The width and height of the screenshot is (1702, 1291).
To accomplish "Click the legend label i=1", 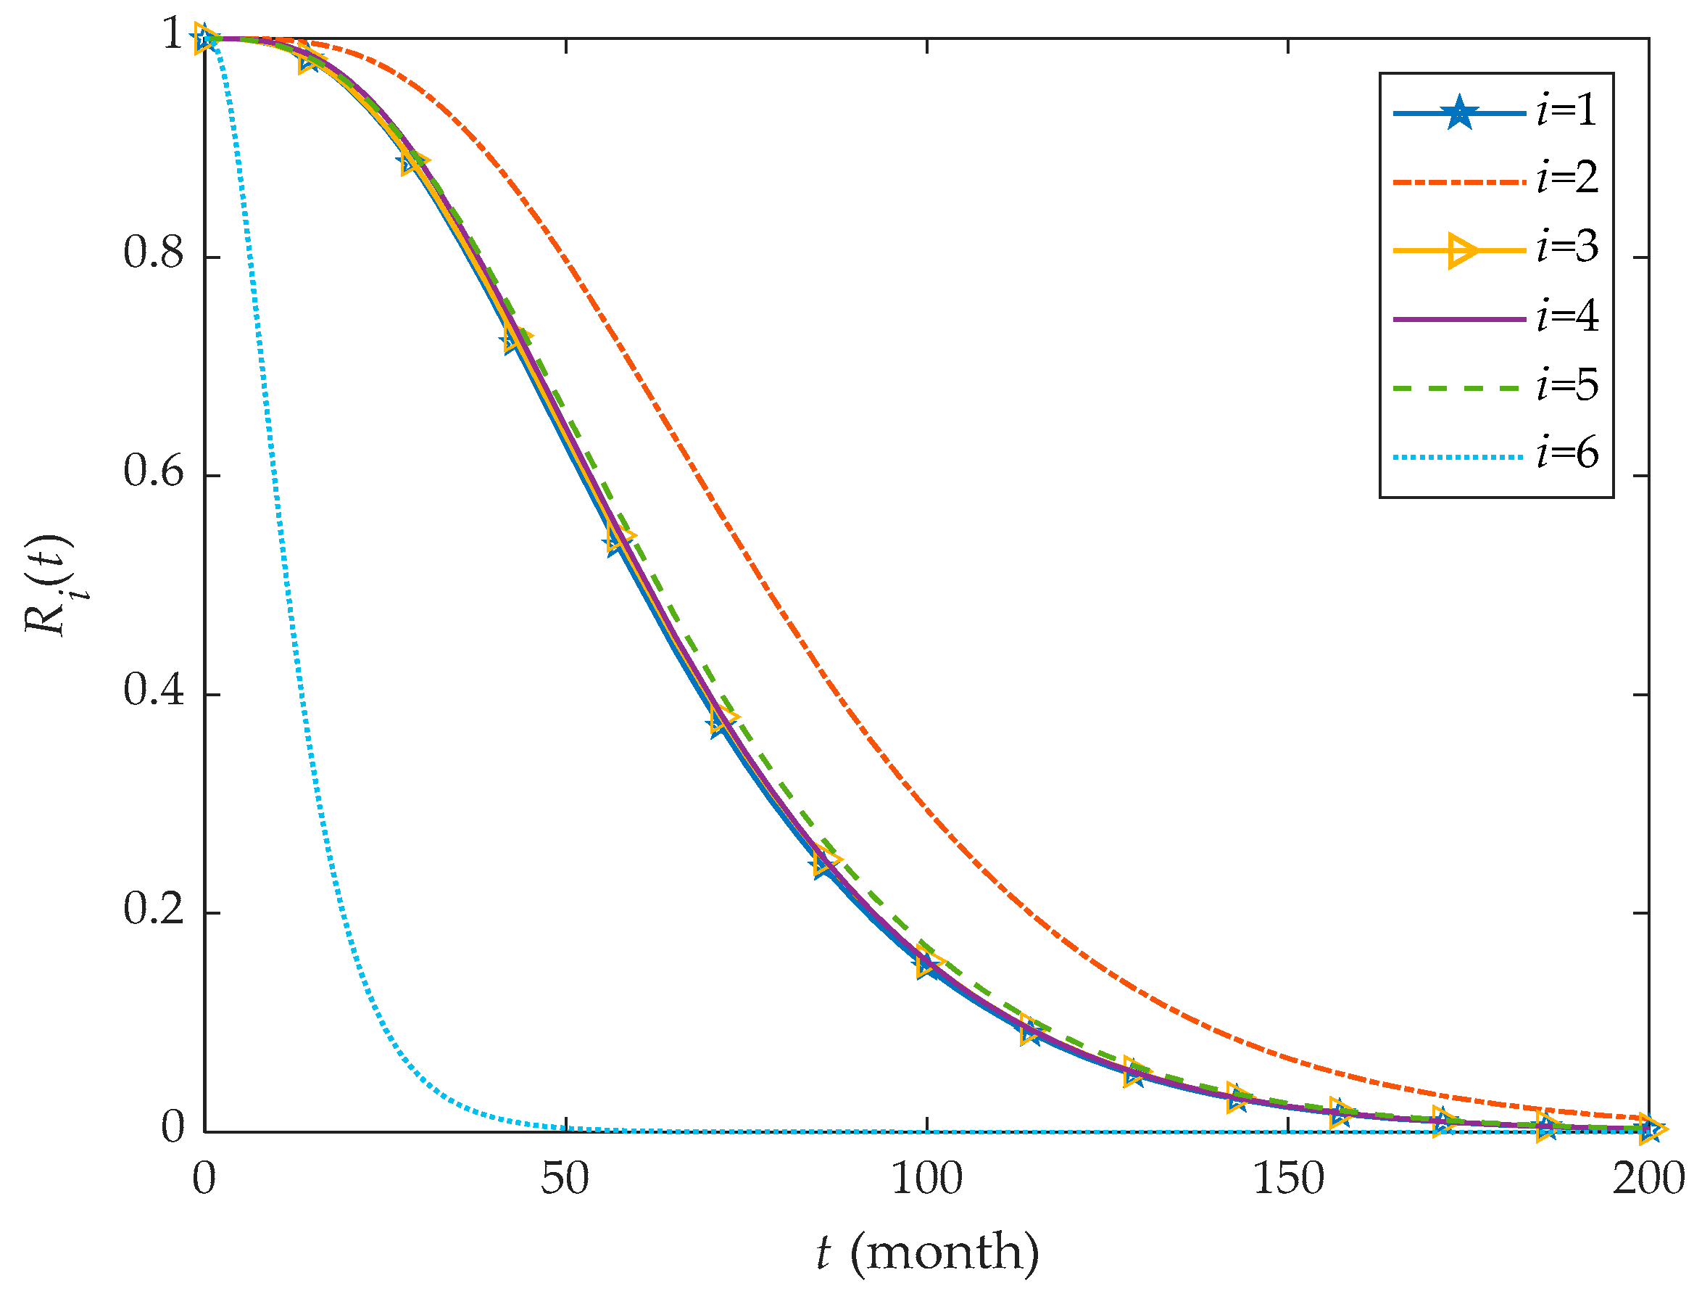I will pos(1566,111).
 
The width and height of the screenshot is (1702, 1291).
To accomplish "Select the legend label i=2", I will pos(1566,178).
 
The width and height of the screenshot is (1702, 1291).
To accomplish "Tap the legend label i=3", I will pos(1566,247).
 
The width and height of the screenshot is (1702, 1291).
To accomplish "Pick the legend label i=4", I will pos(1566,316).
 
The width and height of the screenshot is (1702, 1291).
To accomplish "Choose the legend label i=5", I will pos(1566,385).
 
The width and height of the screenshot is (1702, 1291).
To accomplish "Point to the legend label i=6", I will pos(1566,453).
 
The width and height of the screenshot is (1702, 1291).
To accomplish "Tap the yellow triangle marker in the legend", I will pos(1462,250).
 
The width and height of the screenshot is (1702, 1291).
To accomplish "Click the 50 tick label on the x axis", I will pos(565,1179).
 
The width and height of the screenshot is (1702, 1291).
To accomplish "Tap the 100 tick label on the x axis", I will pos(926,1179).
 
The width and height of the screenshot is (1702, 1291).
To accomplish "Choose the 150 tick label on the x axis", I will pos(1288,1179).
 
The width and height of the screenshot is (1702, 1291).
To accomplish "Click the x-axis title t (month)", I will pos(928,1252).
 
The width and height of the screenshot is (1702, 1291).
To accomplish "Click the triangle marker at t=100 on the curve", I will pos(929,964).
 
